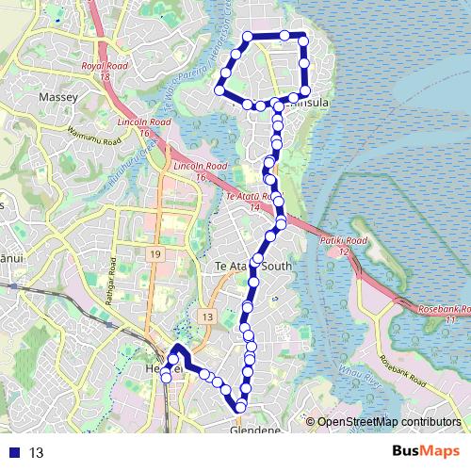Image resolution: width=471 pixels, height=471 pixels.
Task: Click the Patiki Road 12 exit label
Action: (x=345, y=246)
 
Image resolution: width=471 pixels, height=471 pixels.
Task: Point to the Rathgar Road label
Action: (x=110, y=276)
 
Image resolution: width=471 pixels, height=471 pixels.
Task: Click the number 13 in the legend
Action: (x=38, y=452)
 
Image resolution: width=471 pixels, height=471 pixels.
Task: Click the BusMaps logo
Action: (x=426, y=452)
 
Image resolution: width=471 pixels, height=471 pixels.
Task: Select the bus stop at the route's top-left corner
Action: (x=248, y=37)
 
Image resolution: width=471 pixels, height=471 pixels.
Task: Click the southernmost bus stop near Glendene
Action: (x=240, y=406)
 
